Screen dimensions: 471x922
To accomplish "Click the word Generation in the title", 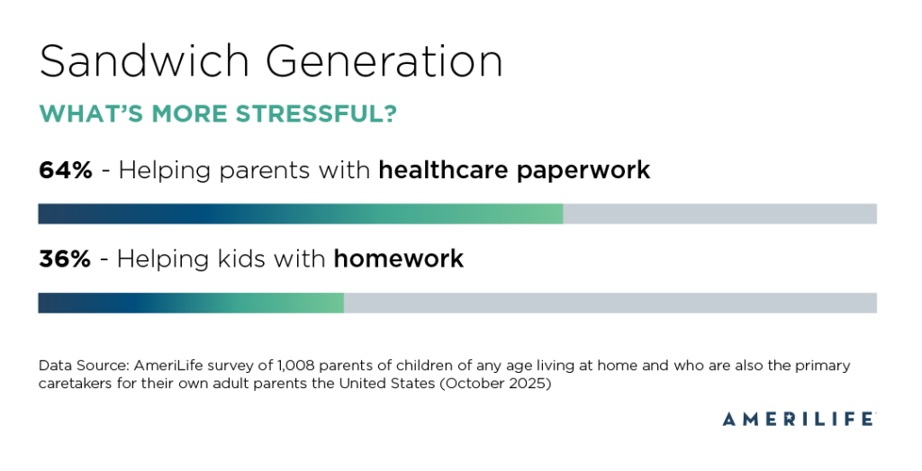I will pos(384,63).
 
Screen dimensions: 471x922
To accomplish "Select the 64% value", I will pos(65,169).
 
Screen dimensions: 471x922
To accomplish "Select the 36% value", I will pos(64,259).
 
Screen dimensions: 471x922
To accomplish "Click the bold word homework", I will pos(398,259).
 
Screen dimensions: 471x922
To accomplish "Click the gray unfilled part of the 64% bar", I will pos(719,213).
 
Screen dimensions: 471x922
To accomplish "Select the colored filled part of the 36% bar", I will pos(190,303).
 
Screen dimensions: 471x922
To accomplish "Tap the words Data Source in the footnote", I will pos(82,366).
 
